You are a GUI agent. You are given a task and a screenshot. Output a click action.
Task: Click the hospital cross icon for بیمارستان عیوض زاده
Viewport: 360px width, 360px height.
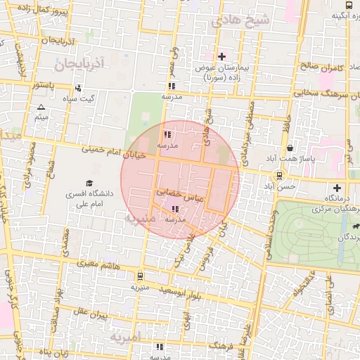coord(222,56)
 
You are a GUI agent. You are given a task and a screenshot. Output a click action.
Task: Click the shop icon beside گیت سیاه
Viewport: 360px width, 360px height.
coord(78,89)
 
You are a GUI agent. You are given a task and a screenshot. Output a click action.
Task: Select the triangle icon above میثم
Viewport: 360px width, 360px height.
coord(41,107)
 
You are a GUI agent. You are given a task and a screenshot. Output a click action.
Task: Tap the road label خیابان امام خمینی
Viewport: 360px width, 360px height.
coord(105,150)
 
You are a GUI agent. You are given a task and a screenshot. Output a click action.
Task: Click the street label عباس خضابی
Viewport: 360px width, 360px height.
coord(179,193)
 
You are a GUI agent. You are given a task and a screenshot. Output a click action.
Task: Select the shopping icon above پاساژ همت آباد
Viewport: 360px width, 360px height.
coord(290,148)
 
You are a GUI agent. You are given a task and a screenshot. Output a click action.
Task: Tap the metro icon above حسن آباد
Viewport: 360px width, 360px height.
coord(280,176)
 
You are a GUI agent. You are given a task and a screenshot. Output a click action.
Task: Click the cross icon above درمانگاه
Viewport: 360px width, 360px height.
coord(337,188)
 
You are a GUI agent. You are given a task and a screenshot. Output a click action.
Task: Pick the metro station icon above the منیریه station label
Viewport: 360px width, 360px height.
coord(139,276)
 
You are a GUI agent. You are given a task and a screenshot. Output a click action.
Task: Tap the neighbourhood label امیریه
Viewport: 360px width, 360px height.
coord(125,337)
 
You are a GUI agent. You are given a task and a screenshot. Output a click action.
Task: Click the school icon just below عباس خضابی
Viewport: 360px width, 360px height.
coord(175,209)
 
